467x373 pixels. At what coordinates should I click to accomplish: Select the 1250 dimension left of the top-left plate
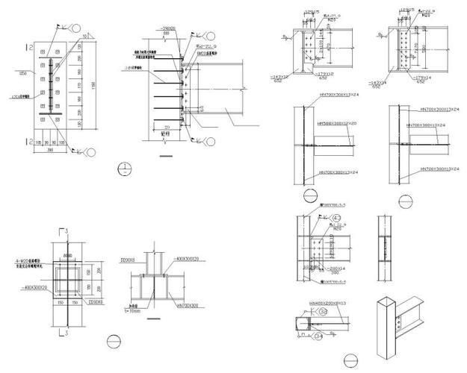tap(23, 74)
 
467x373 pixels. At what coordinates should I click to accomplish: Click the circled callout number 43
tap(327, 218)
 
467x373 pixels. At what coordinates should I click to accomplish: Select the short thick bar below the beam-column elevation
tap(167, 156)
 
